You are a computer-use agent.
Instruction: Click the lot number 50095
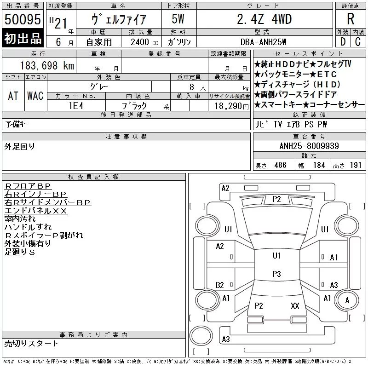(x=23, y=19)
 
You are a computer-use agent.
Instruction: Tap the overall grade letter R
(x=351, y=19)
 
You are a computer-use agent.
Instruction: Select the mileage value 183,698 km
(x=47, y=65)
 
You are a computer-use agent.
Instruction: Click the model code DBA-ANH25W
(x=263, y=42)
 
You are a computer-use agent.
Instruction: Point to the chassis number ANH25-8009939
(x=309, y=146)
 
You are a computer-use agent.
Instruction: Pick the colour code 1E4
(x=76, y=106)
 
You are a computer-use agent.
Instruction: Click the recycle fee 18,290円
(x=231, y=106)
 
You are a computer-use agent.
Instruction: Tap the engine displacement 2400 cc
(x=144, y=42)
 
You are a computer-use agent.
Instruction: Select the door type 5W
(x=178, y=19)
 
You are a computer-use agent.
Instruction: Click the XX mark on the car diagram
(x=295, y=305)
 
